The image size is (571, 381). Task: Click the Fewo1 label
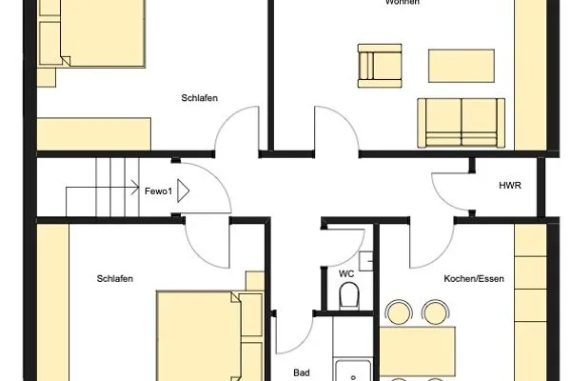158,191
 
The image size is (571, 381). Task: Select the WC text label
346,272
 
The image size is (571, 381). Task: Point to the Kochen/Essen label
473,279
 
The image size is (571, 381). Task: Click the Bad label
302,373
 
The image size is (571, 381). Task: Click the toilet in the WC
349,294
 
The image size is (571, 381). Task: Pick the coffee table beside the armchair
462,66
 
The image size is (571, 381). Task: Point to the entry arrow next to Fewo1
184,191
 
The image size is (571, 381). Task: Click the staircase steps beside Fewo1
105,188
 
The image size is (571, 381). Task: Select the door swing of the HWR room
449,186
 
